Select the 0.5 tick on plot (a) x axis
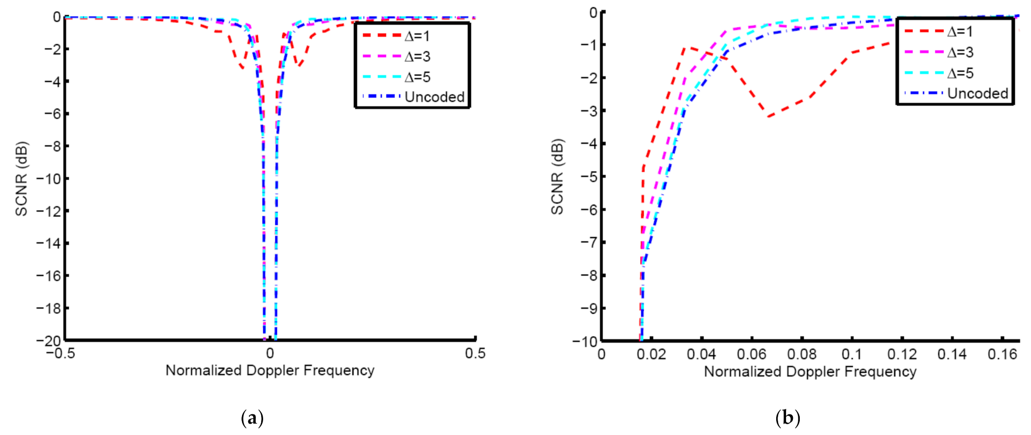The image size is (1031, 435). click(x=475, y=353)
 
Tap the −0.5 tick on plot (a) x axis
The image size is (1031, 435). click(x=61, y=353)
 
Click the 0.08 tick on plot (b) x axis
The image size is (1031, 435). click(x=802, y=354)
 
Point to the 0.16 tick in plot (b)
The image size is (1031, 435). click(x=1002, y=354)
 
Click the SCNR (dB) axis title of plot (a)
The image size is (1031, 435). click(x=22, y=179)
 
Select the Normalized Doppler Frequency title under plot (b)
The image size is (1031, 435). click(x=810, y=372)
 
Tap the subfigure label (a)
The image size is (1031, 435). click(x=253, y=418)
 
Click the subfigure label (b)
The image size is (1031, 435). click(x=787, y=418)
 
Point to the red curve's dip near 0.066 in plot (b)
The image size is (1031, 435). click(x=768, y=116)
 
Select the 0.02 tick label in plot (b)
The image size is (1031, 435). click(x=651, y=354)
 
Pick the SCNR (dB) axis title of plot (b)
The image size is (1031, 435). click(x=557, y=177)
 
